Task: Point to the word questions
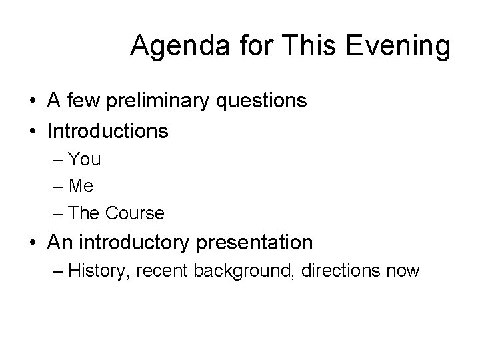tap(263, 101)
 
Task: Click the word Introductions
tap(107, 131)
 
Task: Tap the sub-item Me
tap(83, 187)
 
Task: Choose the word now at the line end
tap(402, 271)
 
